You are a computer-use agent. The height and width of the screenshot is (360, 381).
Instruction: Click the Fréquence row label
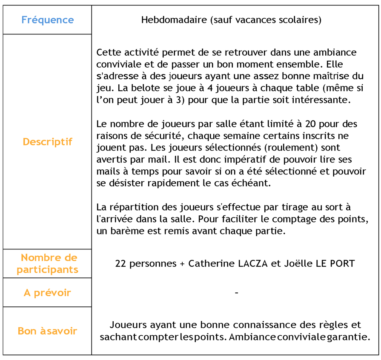point(47,20)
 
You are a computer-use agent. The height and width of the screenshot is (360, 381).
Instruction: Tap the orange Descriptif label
point(47,142)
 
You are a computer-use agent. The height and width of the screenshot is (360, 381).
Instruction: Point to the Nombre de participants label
point(47,263)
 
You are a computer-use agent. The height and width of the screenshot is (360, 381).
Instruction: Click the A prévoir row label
point(47,293)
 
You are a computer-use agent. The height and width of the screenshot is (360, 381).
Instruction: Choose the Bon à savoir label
point(47,331)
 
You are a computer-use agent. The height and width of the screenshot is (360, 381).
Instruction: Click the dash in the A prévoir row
point(236,293)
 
